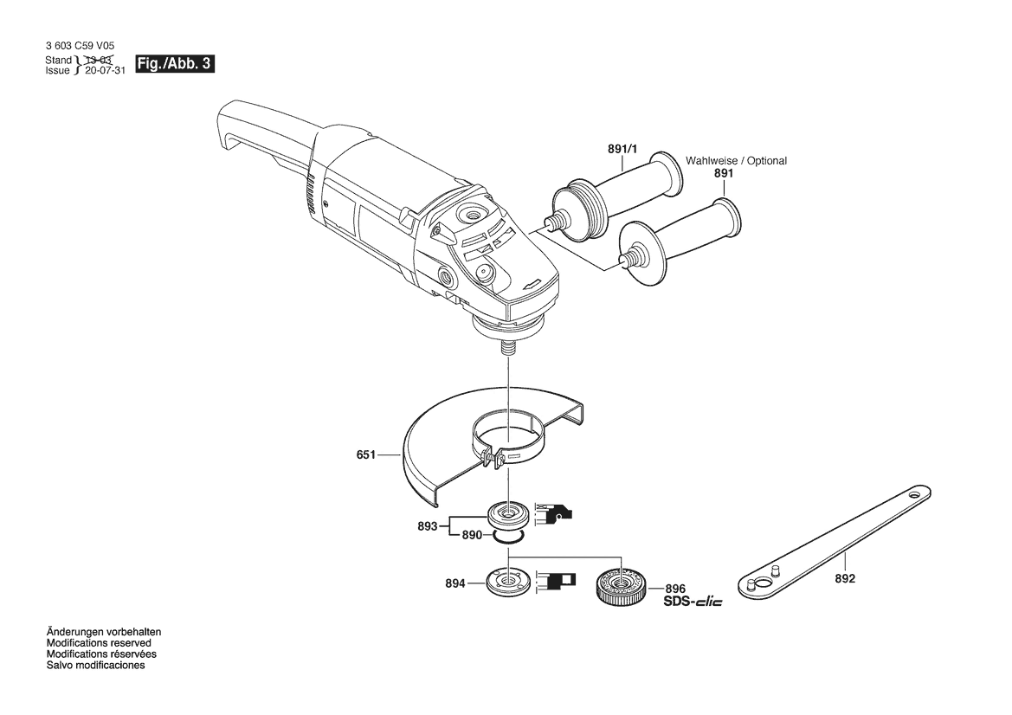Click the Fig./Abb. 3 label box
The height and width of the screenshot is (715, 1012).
click(x=175, y=65)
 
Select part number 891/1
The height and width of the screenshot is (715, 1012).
click(x=622, y=150)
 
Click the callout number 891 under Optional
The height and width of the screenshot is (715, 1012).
click(x=724, y=173)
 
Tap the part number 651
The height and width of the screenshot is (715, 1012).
click(x=366, y=454)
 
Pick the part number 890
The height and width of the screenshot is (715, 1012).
click(x=471, y=536)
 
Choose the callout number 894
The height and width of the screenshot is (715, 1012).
click(x=454, y=584)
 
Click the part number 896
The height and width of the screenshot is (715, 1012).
click(x=675, y=588)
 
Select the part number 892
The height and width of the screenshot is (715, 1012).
click(x=845, y=579)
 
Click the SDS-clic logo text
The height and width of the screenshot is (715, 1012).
click(x=693, y=602)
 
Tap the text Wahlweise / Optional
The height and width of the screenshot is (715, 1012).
click(x=736, y=161)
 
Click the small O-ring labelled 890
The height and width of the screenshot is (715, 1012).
click(x=507, y=538)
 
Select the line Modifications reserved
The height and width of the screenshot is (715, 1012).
click(x=99, y=643)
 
